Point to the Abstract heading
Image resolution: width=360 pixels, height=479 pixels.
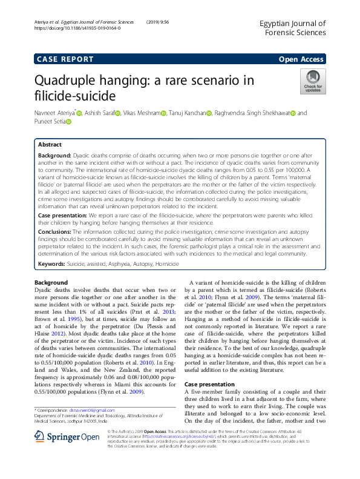[x=50, y=145]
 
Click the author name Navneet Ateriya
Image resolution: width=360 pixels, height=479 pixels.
[x=54, y=113]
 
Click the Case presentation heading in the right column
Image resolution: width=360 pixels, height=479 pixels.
[x=209, y=385]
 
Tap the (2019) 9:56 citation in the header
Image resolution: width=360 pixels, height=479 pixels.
[x=159, y=22]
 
